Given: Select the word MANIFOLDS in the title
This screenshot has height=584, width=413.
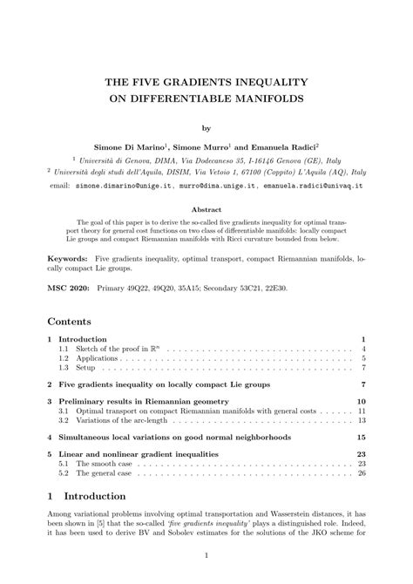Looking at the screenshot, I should pos(267,98).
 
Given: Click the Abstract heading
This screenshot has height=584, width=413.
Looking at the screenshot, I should pos(206,209).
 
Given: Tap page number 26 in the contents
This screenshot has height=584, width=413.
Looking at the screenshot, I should pos(361,475).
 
